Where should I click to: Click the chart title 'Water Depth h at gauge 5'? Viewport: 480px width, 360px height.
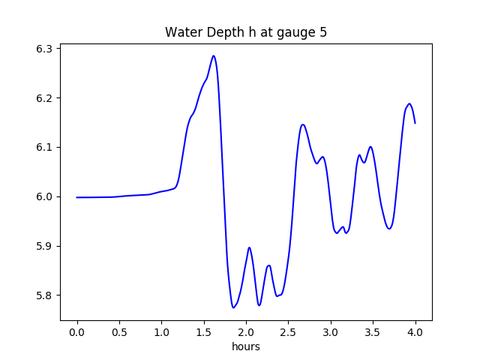pos(246,33)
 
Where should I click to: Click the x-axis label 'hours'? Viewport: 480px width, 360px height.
pos(246,346)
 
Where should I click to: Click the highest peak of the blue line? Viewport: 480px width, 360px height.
pos(214,55)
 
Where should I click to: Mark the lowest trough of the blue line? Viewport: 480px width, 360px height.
pos(233,307)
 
